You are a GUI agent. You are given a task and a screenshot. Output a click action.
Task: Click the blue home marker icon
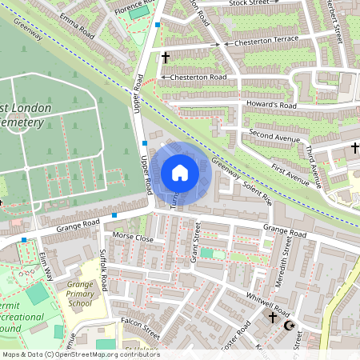(180, 173)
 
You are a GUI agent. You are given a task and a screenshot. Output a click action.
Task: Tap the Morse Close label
(132, 238)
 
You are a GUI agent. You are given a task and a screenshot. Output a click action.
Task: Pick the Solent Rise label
(257, 186)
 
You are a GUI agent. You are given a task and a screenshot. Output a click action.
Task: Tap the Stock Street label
(248, 3)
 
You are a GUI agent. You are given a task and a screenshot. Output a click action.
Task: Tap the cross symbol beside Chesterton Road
(166, 58)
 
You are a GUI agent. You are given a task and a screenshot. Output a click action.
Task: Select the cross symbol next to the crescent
(272, 318)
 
